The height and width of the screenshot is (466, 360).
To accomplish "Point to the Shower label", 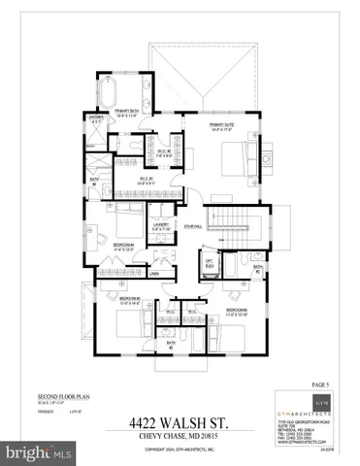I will point(97,119).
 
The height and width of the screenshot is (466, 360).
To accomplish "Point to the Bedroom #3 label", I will point(131,299).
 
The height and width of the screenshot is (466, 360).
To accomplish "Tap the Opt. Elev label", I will point(209,263).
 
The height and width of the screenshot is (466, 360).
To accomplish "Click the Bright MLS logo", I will point(39,452).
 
